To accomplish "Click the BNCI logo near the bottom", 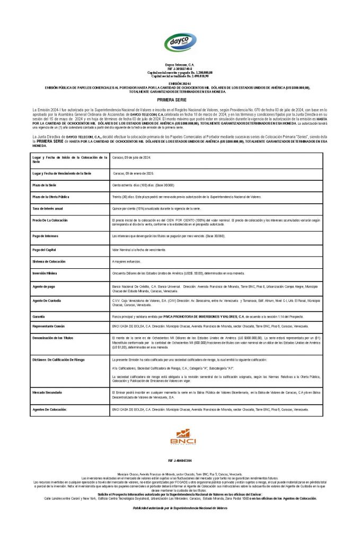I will point(183,438).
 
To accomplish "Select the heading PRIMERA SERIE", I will point(180,100).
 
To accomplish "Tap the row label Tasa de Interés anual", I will point(48,209).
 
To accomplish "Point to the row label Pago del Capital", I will point(45,249).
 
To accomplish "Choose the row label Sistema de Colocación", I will point(49,261).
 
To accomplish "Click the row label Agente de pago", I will point(43,286).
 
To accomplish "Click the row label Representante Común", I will point(49,326).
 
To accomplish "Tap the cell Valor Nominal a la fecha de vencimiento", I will point(139,249).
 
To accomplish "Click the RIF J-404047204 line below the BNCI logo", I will point(180,460).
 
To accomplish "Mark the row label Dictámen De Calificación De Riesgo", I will point(58,360).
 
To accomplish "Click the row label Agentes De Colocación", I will point(50,410).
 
